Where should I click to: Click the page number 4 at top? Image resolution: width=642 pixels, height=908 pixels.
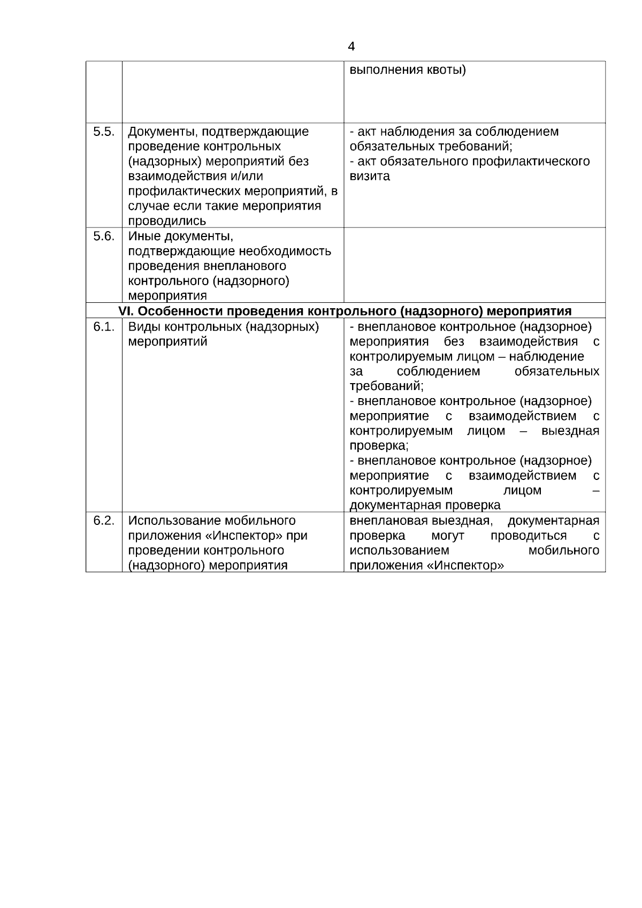pos(351,47)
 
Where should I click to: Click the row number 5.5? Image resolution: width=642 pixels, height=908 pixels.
pos(103,132)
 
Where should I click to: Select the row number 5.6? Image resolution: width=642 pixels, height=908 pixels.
pos(103,236)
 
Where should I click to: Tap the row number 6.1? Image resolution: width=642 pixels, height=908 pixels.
pos(103,327)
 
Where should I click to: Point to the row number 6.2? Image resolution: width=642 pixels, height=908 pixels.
pos(103,521)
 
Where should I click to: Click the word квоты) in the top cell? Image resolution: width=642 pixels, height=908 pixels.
pos(446,70)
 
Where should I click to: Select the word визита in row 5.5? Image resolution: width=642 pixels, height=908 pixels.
pos(370,176)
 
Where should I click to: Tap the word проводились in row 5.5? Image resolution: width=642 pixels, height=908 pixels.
pos(167,221)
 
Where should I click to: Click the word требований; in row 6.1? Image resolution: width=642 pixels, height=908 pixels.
pos(386,386)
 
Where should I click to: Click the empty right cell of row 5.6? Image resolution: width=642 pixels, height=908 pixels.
pos(475,265)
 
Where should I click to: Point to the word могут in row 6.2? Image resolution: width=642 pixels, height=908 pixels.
pos(447,536)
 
